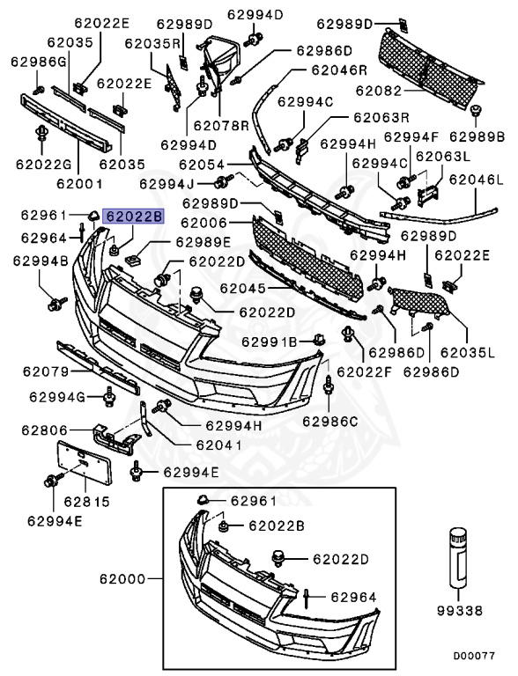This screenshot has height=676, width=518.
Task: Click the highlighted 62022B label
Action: point(133,216)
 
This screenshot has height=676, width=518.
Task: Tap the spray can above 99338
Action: point(458,557)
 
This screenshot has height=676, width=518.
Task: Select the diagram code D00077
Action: point(474,656)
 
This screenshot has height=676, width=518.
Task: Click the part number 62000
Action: point(122,578)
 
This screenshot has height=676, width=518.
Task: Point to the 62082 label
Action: point(379,91)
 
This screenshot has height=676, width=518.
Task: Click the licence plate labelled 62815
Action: point(85,462)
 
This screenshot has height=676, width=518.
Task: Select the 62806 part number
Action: point(45,430)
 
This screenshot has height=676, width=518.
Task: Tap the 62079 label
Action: point(46,371)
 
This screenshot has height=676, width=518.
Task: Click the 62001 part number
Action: point(80,184)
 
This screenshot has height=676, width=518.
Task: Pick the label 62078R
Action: point(221,126)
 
